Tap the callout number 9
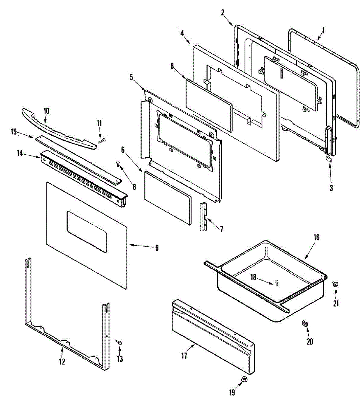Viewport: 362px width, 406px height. click(156, 248)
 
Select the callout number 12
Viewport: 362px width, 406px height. click(62, 361)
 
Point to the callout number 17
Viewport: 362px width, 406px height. click(184, 356)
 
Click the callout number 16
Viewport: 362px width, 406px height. click(316, 237)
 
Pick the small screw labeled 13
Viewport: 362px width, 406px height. click(119, 342)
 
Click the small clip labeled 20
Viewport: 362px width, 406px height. click(305, 324)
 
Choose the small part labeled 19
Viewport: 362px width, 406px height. click(244, 380)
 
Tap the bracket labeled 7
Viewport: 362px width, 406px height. click(204, 217)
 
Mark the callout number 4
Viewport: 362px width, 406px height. click(182, 33)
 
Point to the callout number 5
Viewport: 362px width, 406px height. click(131, 77)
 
